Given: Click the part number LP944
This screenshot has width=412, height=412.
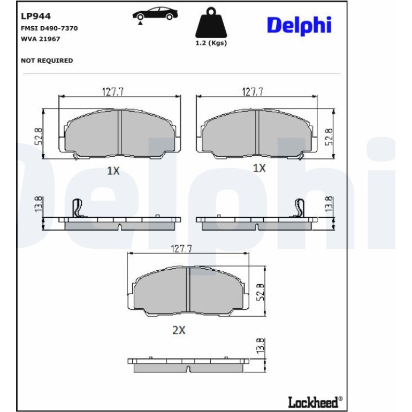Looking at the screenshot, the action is tap(36, 16).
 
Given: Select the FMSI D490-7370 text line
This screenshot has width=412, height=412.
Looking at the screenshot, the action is tap(49, 28).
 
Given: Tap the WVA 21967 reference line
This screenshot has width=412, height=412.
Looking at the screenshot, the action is tap(41, 39).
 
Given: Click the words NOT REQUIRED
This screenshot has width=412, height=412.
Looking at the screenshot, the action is tap(47, 60).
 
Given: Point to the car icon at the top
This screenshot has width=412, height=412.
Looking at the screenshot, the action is tap(155, 14).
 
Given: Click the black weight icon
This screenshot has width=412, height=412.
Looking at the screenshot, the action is tap(211, 22).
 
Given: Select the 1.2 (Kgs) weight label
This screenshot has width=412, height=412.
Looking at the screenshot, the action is tap(211, 43).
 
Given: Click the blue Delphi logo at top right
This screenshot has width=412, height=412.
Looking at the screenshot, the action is tap(299, 26).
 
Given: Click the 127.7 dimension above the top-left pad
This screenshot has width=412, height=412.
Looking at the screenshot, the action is tap(112, 92).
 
